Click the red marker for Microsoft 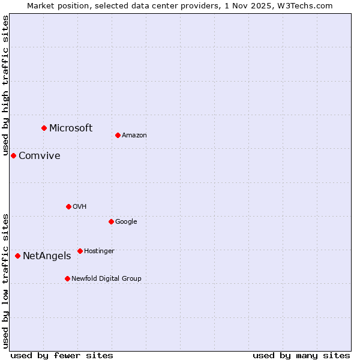tap(44, 128)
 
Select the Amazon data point tap(118, 135)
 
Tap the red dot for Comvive tap(13, 155)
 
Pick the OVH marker tap(68, 206)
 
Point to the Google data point tap(111, 221)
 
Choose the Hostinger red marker tap(80, 251)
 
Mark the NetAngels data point tap(17, 256)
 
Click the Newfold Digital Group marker tap(67, 278)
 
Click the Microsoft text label tap(71, 128)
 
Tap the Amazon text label tap(134, 136)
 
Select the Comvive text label tap(40, 156)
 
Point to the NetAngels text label tap(47, 256)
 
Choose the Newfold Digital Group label tap(106, 278)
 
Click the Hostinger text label tap(99, 251)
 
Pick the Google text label tap(126, 222)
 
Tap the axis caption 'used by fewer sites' tap(62, 355)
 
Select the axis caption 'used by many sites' tap(301, 355)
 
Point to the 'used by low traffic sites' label tap(6, 280)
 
